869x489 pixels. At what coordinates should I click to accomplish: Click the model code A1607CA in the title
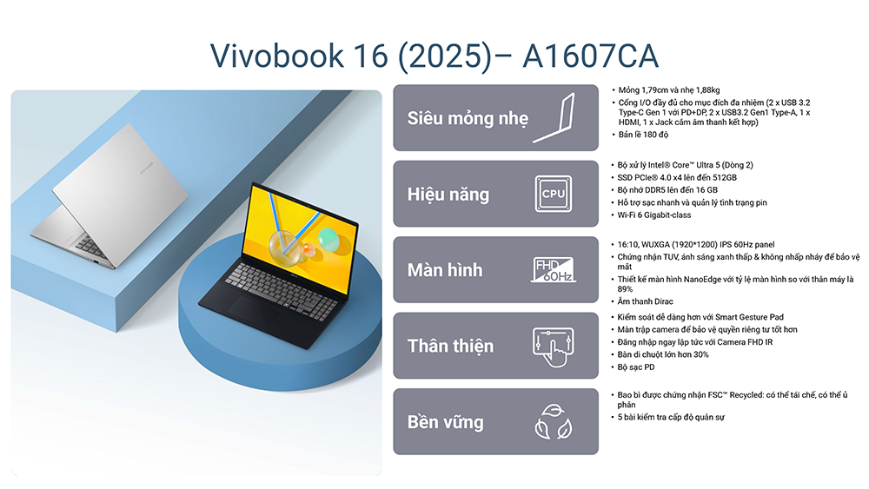pos(590,56)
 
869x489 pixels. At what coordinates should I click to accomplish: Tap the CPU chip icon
pos(553,194)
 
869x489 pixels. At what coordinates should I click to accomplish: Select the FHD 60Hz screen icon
pos(553,270)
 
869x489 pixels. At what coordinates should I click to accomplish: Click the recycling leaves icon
pos(553,422)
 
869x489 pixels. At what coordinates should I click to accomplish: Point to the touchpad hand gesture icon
pos(553,346)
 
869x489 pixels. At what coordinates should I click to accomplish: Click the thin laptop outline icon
pos(554,118)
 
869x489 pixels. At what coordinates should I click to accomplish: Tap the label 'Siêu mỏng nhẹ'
pos(468,118)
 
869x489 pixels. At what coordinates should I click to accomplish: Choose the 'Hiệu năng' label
pos(448,195)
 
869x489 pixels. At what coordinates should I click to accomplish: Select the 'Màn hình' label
pos(445,270)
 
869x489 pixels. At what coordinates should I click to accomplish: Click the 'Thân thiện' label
pos(450,346)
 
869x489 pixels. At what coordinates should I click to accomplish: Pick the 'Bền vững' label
pos(446,422)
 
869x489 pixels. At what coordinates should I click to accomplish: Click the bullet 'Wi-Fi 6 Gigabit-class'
pos(654,215)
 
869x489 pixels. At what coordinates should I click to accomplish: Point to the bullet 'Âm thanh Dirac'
pos(645,301)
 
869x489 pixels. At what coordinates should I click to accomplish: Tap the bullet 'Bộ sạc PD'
pos(636,367)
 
